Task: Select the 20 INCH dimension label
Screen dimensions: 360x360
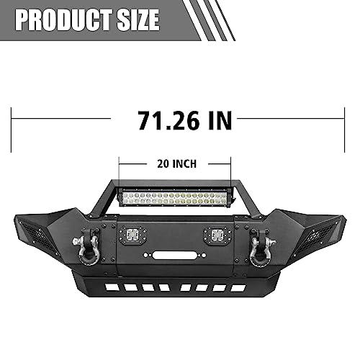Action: [176, 163]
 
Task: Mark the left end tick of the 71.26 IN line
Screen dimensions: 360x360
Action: [12, 119]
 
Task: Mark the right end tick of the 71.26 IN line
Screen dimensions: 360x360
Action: [347, 119]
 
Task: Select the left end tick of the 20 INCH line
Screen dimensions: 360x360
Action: [120, 164]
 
